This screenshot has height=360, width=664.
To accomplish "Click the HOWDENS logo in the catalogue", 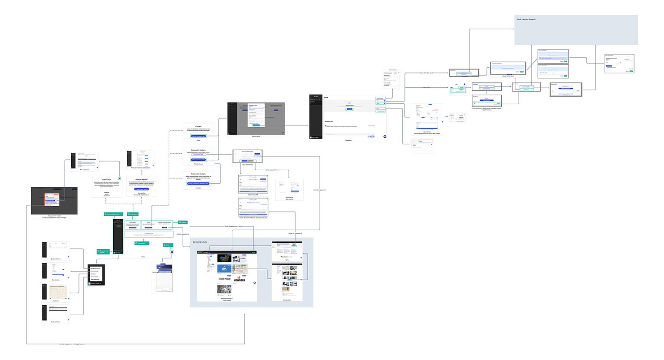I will [x=239, y=280].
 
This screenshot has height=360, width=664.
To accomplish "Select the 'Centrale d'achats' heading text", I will [x=200, y=242].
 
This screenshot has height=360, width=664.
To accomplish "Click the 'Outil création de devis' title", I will [x=526, y=19].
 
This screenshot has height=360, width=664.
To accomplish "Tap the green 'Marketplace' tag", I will [x=133, y=214].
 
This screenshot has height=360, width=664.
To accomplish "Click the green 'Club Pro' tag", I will [x=183, y=222].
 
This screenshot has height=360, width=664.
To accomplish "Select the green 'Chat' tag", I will [x=167, y=245].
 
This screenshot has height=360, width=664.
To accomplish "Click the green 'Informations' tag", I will [x=141, y=243].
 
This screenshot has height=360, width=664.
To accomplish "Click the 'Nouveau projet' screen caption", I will [x=256, y=136].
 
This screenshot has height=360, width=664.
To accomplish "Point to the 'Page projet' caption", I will [x=348, y=140].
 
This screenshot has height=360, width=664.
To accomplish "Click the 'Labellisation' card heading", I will [x=106, y=179].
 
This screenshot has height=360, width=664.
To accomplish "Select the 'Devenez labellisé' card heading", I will [x=141, y=179].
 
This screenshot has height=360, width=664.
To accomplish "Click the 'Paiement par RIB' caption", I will [x=253, y=195].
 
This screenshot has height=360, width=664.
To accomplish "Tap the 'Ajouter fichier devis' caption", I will [x=508, y=76].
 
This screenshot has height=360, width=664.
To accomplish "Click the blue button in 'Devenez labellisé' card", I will [x=141, y=189].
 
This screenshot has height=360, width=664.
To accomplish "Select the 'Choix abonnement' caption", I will [x=247, y=165].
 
